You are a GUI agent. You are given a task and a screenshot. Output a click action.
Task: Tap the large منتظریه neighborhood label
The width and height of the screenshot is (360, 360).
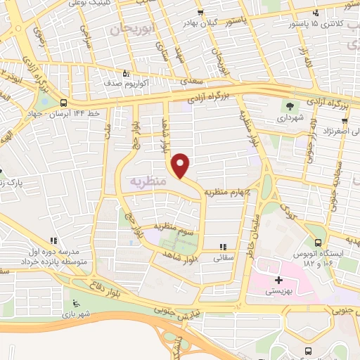tap(148, 181)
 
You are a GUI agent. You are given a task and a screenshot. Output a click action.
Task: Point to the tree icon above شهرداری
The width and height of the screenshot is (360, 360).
tap(289, 106)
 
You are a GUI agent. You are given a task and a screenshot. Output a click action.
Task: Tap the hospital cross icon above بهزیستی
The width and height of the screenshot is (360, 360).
tap(279, 279)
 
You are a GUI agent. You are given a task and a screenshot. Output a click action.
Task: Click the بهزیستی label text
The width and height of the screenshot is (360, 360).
tap(279, 290)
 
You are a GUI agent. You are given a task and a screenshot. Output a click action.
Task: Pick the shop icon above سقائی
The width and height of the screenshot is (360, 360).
tap(223, 247)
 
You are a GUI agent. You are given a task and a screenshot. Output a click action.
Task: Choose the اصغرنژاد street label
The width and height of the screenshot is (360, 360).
tap(336, 131)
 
